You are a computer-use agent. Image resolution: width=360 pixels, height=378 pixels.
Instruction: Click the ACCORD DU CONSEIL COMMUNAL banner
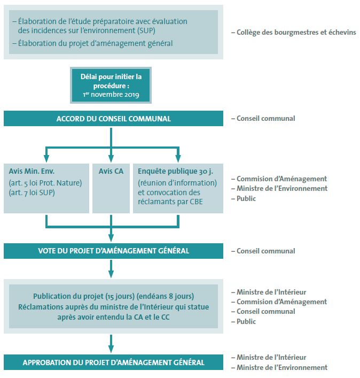(x=113, y=118)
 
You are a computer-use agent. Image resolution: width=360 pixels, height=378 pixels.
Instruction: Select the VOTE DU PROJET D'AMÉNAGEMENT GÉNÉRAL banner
(x=113, y=251)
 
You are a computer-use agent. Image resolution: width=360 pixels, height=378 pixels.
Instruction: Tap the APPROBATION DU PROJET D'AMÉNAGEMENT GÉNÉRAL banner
(x=113, y=362)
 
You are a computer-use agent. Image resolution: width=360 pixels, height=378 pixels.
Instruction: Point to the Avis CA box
(x=111, y=188)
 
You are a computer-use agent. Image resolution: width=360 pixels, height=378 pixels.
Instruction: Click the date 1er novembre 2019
(x=111, y=95)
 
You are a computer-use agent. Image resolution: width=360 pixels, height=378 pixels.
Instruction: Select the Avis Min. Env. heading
(x=32, y=171)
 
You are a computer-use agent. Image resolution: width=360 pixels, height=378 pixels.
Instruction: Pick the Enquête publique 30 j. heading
(x=175, y=171)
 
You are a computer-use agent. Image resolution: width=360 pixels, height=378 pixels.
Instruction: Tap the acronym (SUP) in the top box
(x=146, y=30)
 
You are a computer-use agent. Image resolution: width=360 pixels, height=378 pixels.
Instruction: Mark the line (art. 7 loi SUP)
(x=32, y=192)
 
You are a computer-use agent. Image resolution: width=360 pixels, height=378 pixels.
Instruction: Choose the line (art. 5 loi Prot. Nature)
(x=45, y=183)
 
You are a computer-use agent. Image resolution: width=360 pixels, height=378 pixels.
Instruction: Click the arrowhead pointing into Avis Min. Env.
(x=46, y=158)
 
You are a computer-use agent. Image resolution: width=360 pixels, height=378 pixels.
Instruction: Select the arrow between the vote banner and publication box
(x=111, y=268)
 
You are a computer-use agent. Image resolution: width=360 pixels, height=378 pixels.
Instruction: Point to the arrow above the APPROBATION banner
(x=111, y=344)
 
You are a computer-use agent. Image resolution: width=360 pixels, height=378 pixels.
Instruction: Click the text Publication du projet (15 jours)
(x=84, y=296)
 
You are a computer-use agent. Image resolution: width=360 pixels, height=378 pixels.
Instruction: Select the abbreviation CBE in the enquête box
(x=196, y=202)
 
